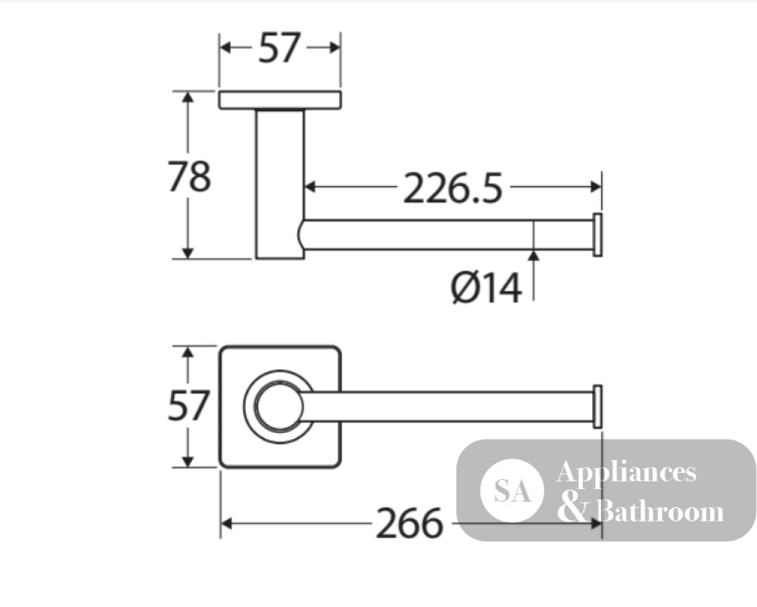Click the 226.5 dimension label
453,188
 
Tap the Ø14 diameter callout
486,288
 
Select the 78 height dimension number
189,176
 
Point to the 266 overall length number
410,524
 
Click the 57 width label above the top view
279,48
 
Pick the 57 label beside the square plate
188,406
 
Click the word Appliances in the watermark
626,472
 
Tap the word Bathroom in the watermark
659,511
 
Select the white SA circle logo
512,490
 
